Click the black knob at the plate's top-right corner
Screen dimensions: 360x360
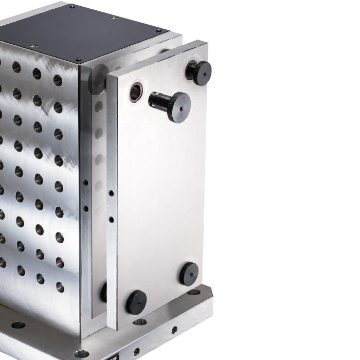(199, 73)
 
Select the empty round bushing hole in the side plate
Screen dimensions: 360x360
(136, 93)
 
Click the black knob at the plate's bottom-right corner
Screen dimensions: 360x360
(189, 273)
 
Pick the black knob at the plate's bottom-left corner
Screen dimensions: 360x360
(136, 302)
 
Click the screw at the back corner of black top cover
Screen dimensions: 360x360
(71, 7)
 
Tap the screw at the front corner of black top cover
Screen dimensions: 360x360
(79, 60)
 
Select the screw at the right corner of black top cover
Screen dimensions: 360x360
(158, 31)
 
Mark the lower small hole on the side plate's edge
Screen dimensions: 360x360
(111, 219)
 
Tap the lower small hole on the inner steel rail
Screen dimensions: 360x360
(85, 208)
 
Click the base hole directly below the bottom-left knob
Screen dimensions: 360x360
(139, 322)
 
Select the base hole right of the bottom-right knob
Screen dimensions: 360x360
(193, 292)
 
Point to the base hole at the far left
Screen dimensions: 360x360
(18, 325)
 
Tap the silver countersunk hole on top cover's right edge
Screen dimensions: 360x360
(115, 18)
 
